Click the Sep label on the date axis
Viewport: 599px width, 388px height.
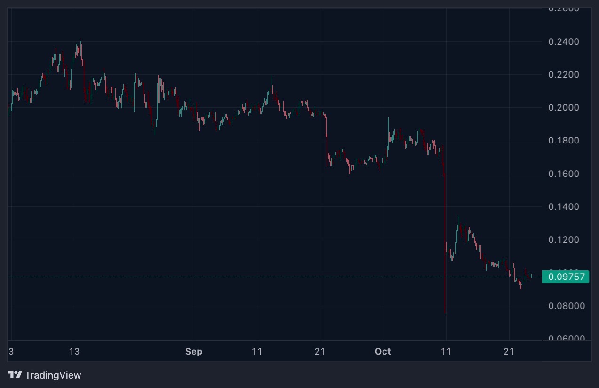(x=194, y=352)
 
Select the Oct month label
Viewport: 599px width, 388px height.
(x=383, y=352)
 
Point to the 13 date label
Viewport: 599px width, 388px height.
(x=74, y=352)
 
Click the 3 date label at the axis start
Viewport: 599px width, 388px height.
(x=11, y=352)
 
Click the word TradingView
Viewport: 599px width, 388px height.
(x=53, y=375)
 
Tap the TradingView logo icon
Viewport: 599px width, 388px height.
(x=15, y=375)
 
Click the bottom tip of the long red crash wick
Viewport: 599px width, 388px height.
(x=445, y=312)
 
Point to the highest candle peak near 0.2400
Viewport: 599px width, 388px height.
(x=81, y=42)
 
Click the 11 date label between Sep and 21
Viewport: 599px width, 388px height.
(x=257, y=352)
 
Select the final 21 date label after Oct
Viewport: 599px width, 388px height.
(x=509, y=352)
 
